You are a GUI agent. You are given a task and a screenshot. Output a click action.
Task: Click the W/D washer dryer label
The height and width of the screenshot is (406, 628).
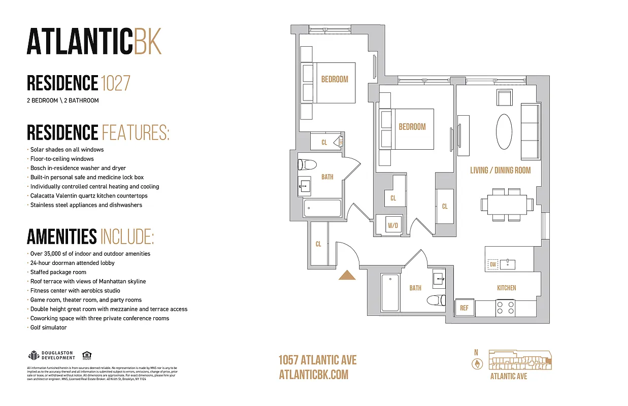[x=392, y=225]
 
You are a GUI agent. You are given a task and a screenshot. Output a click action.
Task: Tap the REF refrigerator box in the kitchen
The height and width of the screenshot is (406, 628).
[x=464, y=308]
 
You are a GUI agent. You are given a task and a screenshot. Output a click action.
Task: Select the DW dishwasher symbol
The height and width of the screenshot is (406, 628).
[x=492, y=264]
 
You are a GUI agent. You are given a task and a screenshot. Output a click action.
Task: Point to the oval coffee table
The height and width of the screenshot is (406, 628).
[x=504, y=131]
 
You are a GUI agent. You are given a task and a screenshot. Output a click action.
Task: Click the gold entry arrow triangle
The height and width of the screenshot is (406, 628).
[x=347, y=275]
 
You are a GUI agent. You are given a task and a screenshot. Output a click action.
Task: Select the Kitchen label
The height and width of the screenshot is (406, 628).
[x=506, y=288]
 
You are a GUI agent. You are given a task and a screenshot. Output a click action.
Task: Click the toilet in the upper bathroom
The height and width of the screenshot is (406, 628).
[x=307, y=164]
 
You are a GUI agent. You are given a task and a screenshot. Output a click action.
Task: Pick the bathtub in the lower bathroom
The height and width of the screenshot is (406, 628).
[x=390, y=293]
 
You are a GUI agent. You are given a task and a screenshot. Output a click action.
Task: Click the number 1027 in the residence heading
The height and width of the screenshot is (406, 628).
[x=116, y=83]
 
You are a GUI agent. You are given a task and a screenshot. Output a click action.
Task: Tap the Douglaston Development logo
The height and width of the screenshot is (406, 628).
[x=52, y=355]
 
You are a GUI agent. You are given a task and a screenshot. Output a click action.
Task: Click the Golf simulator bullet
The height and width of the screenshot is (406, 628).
[x=48, y=327]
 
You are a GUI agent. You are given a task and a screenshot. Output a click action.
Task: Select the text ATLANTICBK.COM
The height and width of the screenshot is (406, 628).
[x=314, y=375]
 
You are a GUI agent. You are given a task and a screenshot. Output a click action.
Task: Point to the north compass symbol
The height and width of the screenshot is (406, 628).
[x=477, y=363]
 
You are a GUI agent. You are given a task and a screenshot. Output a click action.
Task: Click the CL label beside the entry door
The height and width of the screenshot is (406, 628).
[x=318, y=244]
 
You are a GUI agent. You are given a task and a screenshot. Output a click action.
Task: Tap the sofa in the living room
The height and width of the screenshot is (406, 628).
[x=531, y=131]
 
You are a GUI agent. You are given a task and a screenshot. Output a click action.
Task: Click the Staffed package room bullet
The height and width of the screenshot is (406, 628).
[x=58, y=272]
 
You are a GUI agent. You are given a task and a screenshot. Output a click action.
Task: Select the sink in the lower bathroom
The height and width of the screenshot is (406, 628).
[x=439, y=279]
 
